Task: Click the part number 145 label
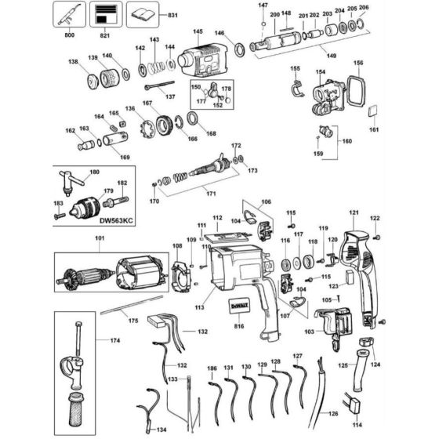(x=198, y=31)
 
